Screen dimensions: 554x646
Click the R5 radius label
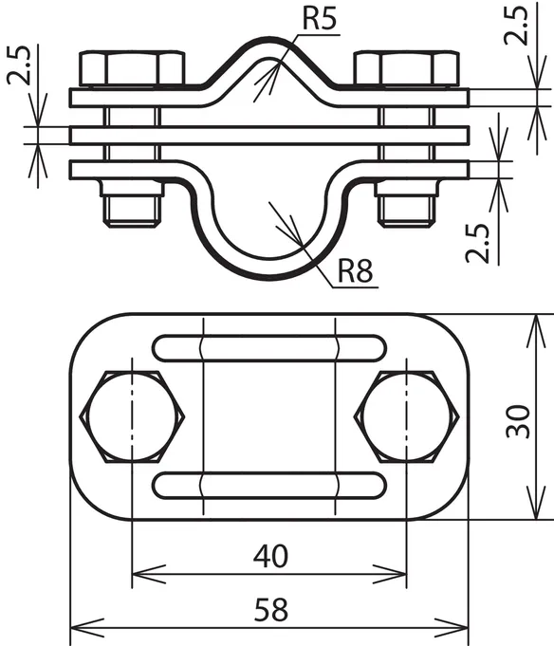[320, 18]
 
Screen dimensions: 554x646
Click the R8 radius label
[355, 270]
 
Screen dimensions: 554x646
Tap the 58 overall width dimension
[270, 610]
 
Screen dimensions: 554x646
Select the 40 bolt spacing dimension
[270, 555]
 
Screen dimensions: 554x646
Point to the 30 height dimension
[518, 421]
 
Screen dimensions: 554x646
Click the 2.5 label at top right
[516, 25]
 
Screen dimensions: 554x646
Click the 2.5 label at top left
[19, 65]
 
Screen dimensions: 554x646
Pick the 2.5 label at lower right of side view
[478, 243]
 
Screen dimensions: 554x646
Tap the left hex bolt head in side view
[132, 68]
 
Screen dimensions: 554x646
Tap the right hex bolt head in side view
[407, 68]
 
